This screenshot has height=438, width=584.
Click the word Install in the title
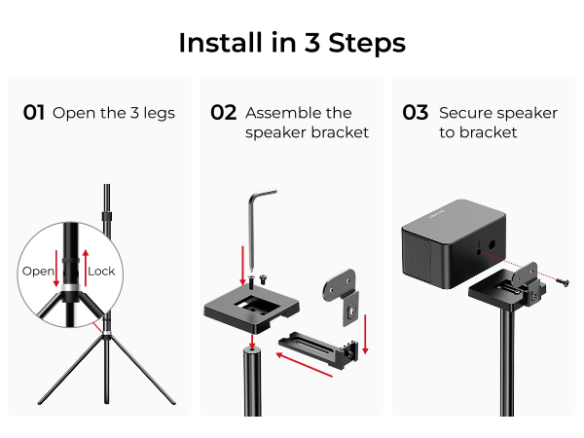click(212, 43)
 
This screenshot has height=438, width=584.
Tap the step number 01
click(34, 113)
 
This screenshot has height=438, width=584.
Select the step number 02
click(224, 113)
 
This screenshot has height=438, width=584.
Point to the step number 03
click(415, 113)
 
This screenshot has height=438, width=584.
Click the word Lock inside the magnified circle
click(101, 271)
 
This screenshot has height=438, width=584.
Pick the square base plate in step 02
click(249, 308)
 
